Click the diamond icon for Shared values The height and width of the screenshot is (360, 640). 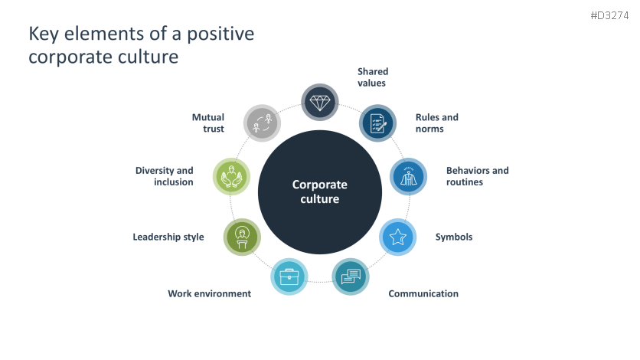pyautogui.click(x=320, y=102)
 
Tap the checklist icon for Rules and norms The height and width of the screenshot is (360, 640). pyautogui.click(x=378, y=123)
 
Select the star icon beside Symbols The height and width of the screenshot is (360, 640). pyautogui.click(x=398, y=237)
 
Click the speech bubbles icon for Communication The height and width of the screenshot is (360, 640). pyautogui.click(x=351, y=277)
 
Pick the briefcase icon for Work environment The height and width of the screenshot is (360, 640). pyautogui.click(x=289, y=277)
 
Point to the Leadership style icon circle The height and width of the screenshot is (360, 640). pyautogui.click(x=242, y=237)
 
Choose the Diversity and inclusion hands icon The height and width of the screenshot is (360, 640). pyautogui.click(x=230, y=176)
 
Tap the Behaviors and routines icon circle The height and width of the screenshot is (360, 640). pyautogui.click(x=408, y=176)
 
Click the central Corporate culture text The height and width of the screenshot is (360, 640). pyautogui.click(x=320, y=191)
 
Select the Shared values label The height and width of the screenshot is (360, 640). pyautogui.click(x=373, y=77)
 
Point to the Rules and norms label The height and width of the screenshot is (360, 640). pyautogui.click(x=436, y=123)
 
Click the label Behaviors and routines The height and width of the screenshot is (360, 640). pyautogui.click(x=477, y=176)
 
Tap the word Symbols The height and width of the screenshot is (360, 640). pyautogui.click(x=454, y=237)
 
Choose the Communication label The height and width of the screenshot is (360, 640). pyautogui.click(x=423, y=293)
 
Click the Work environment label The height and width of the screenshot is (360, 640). pyautogui.click(x=209, y=293)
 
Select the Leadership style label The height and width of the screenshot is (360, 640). pyautogui.click(x=168, y=237)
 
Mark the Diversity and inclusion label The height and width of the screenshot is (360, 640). pyautogui.click(x=165, y=176)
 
